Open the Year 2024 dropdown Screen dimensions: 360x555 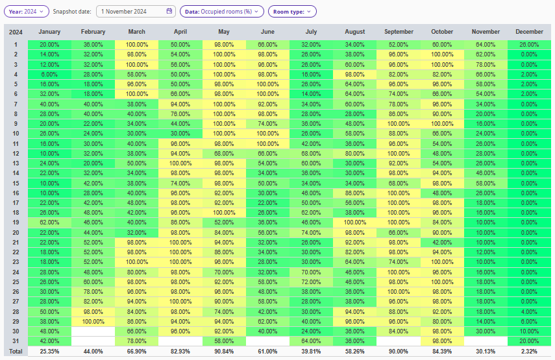(27, 11)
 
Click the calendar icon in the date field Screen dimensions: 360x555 (169, 11)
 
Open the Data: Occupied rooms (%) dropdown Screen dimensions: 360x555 (222, 11)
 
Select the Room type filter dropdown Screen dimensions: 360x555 (292, 11)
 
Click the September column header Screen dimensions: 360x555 (399, 32)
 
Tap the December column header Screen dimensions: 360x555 (529, 32)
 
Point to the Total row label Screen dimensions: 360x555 (16, 351)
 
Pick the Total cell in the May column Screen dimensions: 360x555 (224, 351)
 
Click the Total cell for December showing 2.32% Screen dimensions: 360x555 (529, 351)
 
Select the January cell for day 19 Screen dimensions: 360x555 (50, 222)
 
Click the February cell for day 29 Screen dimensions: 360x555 (93, 321)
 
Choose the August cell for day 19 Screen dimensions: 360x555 (355, 222)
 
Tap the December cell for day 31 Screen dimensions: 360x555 (529, 341)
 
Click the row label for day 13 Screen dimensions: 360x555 (16, 163)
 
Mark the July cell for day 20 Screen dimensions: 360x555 (312, 232)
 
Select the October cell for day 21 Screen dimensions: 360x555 (442, 242)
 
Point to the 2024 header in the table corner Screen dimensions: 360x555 (16, 32)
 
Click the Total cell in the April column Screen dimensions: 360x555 (180, 351)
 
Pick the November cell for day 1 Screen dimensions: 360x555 (486, 44)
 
